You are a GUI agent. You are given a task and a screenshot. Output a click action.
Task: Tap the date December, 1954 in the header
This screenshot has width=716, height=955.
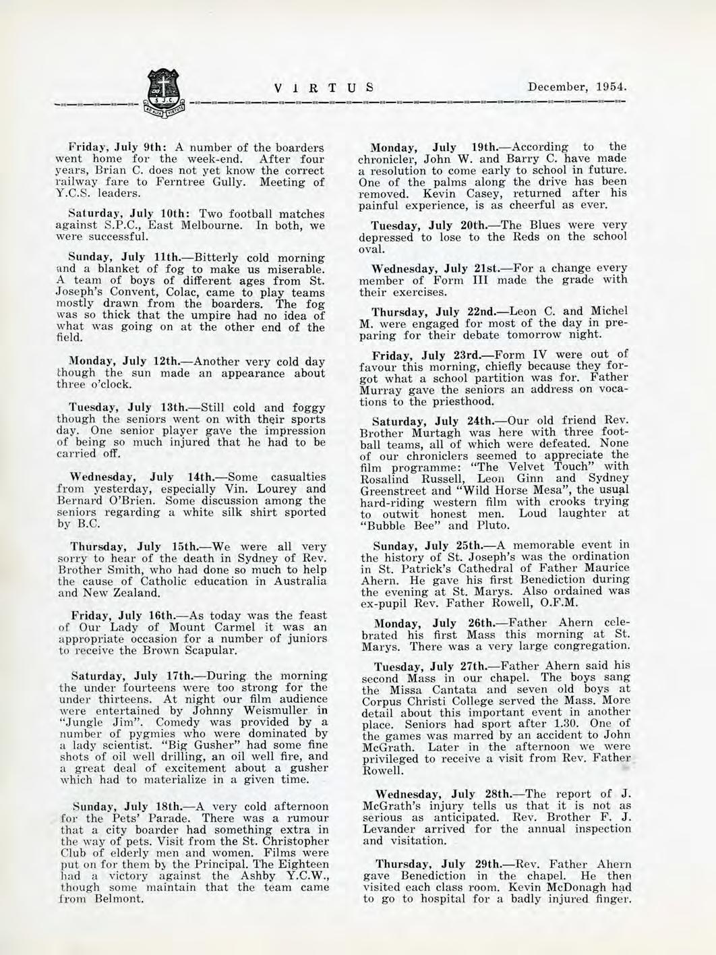pyautogui.click(x=578, y=88)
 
